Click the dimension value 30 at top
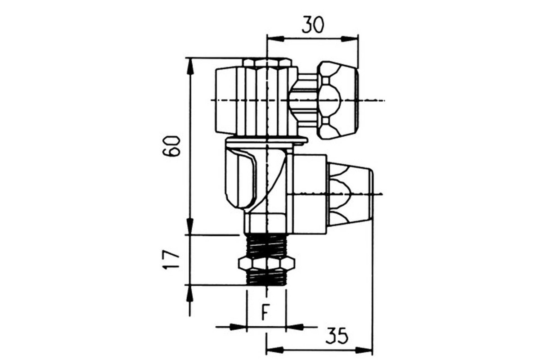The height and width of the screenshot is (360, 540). (313, 25)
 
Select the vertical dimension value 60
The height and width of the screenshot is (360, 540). (171, 146)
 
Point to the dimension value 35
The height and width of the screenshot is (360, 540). (337, 335)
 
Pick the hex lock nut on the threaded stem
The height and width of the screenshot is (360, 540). (266, 263)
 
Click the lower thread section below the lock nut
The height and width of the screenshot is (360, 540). (266, 277)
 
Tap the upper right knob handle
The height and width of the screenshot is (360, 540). (338, 100)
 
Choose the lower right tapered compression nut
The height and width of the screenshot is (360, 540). (350, 194)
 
